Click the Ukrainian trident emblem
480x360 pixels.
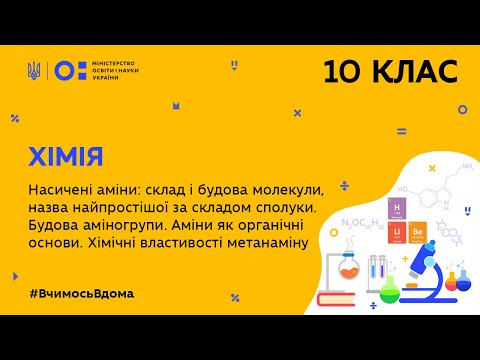point(35,70)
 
